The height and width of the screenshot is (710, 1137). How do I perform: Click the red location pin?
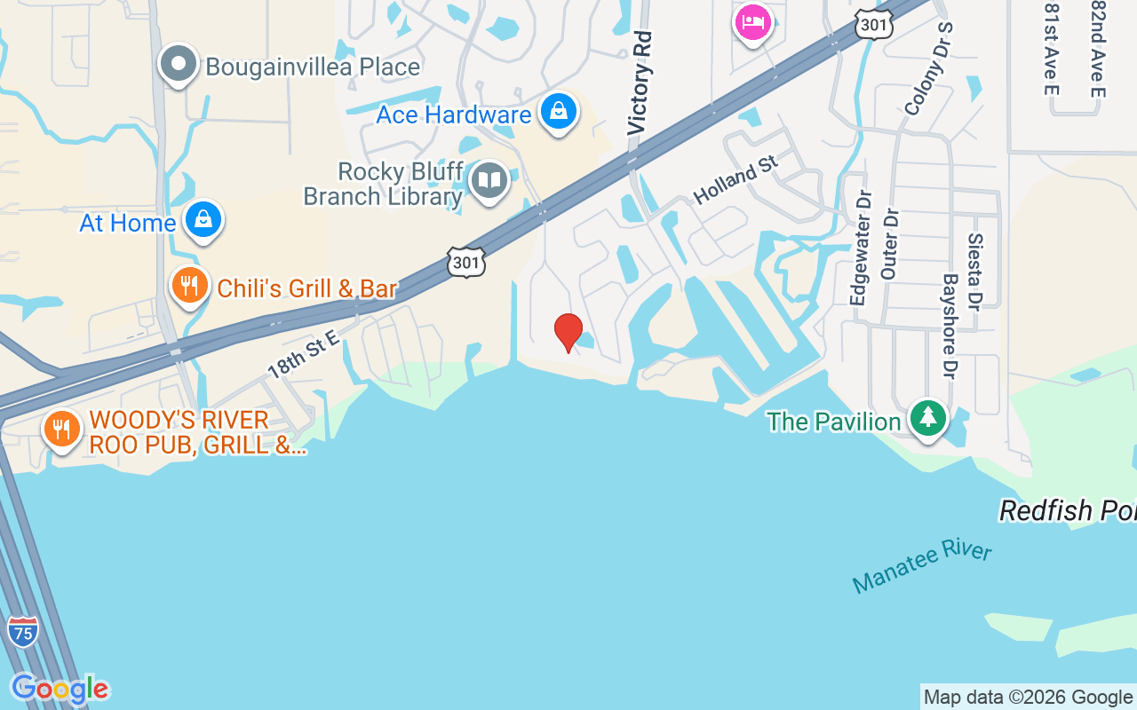(x=568, y=332)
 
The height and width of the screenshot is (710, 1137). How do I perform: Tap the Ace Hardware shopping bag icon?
(x=558, y=113)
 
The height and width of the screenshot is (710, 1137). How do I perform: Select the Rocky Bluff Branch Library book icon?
(x=489, y=181)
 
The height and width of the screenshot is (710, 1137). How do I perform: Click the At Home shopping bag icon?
(x=203, y=220)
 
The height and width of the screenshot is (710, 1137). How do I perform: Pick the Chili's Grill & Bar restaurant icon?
(x=189, y=286)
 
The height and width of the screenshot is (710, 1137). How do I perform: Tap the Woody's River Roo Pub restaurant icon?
(x=61, y=430)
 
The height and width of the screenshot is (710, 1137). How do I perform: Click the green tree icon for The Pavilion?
(x=928, y=418)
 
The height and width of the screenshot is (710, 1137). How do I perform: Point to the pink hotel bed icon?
(x=752, y=22)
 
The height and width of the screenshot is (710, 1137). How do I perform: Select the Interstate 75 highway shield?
(x=22, y=631)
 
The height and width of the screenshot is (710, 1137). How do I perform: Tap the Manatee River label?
(x=921, y=566)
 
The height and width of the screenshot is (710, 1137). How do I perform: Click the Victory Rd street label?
(x=640, y=83)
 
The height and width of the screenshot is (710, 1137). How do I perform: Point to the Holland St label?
(x=735, y=179)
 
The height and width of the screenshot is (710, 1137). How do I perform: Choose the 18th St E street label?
(x=304, y=353)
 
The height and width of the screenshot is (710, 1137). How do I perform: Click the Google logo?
(x=60, y=689)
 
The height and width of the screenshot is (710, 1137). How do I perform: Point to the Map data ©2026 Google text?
(x=1028, y=697)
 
